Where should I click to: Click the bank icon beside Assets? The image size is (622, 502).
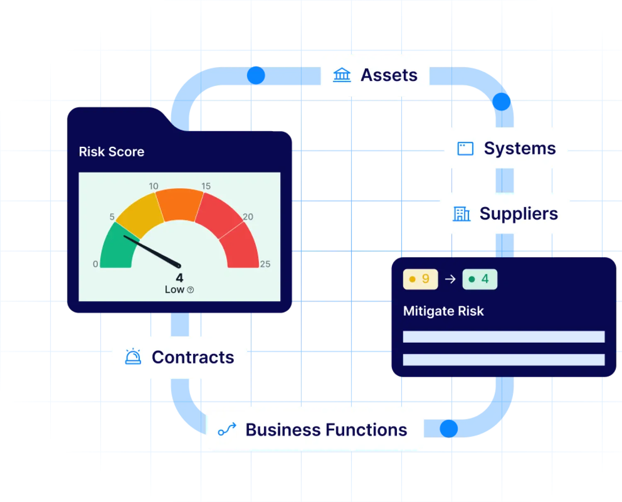[x=342, y=75]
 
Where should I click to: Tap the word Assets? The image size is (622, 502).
[x=389, y=75]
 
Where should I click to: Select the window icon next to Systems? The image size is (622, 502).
[x=465, y=149]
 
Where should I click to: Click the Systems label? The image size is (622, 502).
[x=520, y=149]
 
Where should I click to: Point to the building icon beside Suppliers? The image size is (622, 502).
[x=461, y=214]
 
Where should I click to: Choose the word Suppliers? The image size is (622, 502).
[x=518, y=214]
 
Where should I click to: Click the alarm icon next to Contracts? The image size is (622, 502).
[x=133, y=357]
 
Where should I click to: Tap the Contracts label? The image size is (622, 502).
[x=193, y=357]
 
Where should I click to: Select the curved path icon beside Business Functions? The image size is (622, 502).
[x=227, y=429]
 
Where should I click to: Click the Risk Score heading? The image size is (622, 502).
[x=112, y=152]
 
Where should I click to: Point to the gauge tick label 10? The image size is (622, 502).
[x=153, y=186]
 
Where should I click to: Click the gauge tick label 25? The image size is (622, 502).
[x=265, y=264]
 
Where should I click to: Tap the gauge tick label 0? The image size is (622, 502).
[x=95, y=264]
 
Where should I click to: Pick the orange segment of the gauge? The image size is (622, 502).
[x=180, y=204]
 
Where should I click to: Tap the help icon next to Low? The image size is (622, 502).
[x=190, y=290]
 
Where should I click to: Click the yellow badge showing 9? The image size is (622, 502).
[x=420, y=279]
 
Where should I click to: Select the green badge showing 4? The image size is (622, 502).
[x=479, y=279]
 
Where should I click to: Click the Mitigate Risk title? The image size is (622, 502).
[x=443, y=311]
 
